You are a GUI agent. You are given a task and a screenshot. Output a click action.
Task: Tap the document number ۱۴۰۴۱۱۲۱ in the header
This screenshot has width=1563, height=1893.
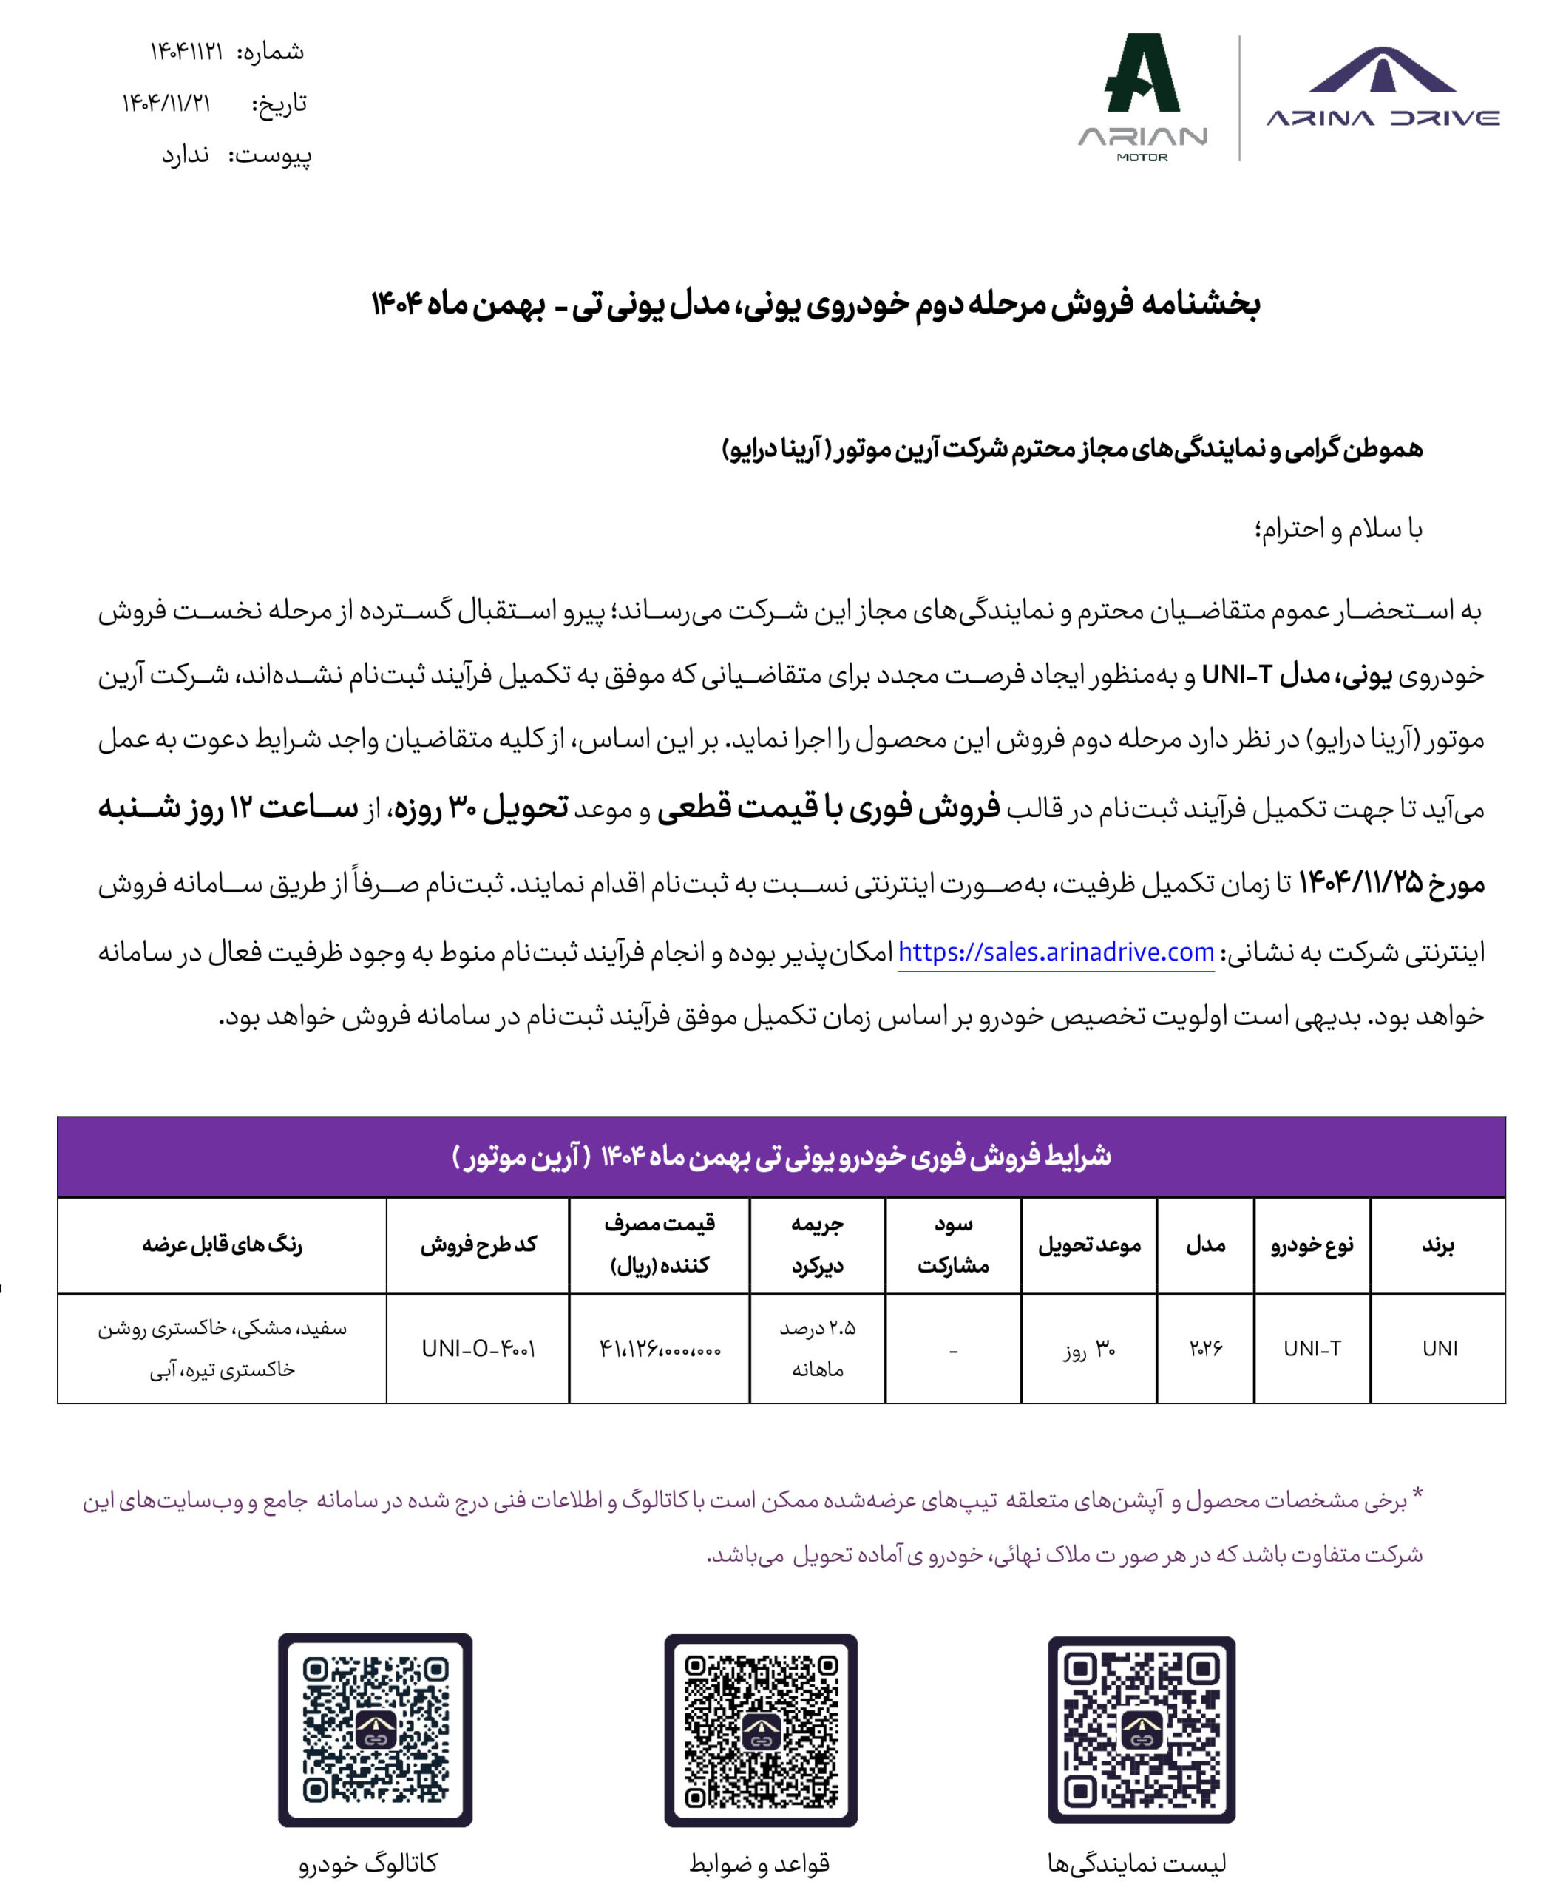point(186,51)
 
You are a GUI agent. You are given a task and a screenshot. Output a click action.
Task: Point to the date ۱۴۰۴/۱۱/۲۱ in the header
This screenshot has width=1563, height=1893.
point(166,104)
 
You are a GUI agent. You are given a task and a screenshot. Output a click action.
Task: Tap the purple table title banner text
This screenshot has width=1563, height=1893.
point(781,1157)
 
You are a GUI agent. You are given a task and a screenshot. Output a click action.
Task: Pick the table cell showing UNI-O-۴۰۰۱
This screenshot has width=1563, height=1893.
point(478,1348)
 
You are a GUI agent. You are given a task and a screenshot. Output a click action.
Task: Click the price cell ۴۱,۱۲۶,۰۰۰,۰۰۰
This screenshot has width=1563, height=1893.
point(660,1349)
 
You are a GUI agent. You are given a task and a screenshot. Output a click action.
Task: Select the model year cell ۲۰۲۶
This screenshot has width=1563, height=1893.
point(1206,1348)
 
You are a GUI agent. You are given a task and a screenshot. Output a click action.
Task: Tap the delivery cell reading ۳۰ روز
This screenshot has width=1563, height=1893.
point(1088,1349)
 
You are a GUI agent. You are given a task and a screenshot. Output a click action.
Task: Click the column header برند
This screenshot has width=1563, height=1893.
point(1438,1245)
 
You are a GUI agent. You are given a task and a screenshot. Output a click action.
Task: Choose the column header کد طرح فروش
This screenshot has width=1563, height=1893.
point(478,1245)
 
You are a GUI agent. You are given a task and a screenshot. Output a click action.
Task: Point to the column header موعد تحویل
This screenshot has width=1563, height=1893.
point(1088,1245)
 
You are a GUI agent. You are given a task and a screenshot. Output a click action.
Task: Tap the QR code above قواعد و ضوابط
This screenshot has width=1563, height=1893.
point(761,1730)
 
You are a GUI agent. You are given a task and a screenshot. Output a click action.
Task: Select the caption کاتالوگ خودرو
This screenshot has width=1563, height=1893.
point(367,1863)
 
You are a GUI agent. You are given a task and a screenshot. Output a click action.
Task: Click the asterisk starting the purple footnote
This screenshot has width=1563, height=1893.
point(1417,1496)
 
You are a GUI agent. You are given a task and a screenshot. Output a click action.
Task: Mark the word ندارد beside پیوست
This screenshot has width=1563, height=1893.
point(186,155)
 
